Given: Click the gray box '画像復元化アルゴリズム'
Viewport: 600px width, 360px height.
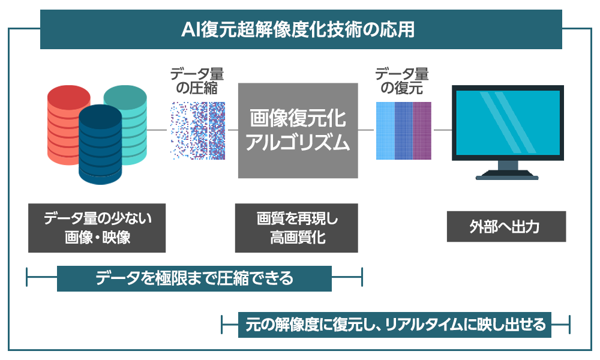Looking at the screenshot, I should [298, 130].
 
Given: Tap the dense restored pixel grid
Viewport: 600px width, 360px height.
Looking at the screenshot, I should [403, 130].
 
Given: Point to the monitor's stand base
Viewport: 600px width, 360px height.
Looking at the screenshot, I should [508, 175].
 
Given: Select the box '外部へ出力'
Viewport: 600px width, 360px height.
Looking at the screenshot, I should [506, 226].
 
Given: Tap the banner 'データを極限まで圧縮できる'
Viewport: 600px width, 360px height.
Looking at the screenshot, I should [194, 278].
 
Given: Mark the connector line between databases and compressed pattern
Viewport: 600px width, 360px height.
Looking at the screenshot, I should [157, 130].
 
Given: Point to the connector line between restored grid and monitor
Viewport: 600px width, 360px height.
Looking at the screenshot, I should [443, 130].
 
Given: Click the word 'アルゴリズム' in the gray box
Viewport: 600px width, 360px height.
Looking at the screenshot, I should [298, 143].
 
